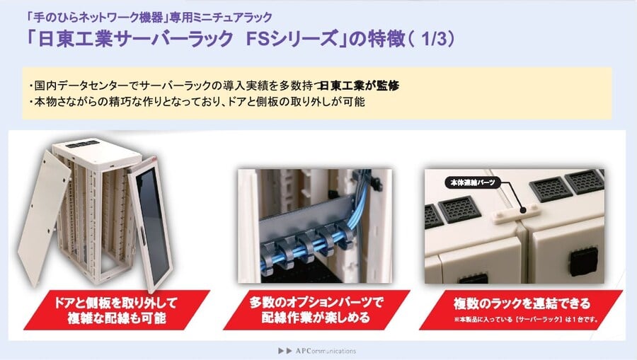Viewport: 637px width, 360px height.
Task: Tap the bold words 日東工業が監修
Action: (360, 86)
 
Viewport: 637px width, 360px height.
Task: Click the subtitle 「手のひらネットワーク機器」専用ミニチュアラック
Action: (149, 17)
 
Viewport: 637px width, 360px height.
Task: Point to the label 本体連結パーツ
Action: (473, 182)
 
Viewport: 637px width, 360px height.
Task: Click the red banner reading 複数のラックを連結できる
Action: (521, 310)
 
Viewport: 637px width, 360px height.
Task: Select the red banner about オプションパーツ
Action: (316, 310)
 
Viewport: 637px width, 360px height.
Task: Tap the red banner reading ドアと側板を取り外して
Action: (117, 310)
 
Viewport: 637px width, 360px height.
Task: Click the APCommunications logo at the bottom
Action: (317, 351)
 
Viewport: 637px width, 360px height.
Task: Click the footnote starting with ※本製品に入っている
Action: (526, 320)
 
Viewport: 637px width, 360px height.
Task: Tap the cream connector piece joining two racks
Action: (516, 214)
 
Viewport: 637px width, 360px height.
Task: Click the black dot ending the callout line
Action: (523, 210)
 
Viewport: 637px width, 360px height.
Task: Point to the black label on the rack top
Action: (83, 144)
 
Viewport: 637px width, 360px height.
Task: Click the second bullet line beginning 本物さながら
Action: (197, 101)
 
